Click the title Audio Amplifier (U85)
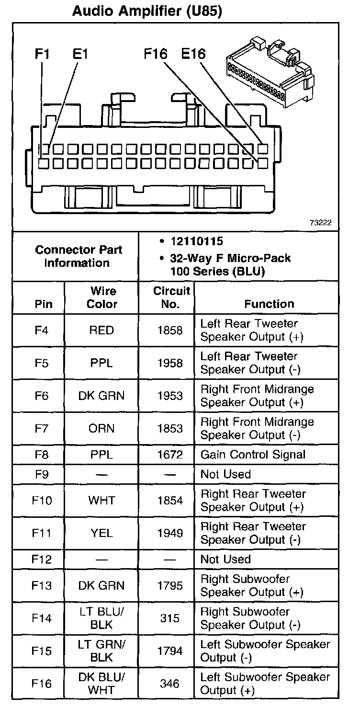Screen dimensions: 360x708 [x=146, y=11]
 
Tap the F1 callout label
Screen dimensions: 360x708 [x=42, y=54]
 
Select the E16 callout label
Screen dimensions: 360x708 [x=193, y=54]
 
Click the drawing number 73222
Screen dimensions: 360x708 [x=320, y=223]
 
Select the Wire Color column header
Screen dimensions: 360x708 [x=102, y=297]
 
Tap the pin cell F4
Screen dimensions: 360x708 [x=42, y=331]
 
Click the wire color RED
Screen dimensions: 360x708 [x=101, y=331]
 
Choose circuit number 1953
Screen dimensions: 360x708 [x=170, y=396]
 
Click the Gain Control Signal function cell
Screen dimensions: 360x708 [x=253, y=455]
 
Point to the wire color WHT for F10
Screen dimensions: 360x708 [x=101, y=501]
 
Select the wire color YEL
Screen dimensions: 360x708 [x=101, y=533]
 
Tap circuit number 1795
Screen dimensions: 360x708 [x=170, y=586]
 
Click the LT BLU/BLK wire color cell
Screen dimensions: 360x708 [x=101, y=618]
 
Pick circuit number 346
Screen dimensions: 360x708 [x=170, y=684]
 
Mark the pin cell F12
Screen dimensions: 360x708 [x=42, y=560]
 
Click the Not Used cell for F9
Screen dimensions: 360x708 [x=225, y=475]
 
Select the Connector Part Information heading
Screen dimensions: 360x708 [x=79, y=256]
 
